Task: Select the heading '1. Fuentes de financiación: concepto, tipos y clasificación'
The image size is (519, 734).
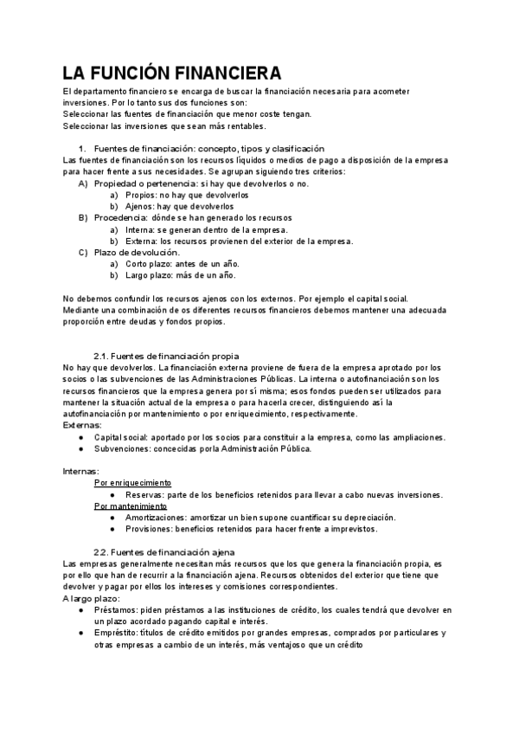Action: coord(208,149)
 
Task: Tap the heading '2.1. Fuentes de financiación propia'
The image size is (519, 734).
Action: coord(166,356)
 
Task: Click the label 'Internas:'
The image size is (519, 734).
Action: coord(82,471)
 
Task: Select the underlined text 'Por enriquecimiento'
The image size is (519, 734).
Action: coord(132,483)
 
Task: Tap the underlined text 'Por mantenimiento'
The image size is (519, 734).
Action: coord(130,505)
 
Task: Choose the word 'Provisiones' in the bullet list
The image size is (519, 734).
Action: coord(150,529)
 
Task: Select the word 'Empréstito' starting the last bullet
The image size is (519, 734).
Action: coord(117,633)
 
